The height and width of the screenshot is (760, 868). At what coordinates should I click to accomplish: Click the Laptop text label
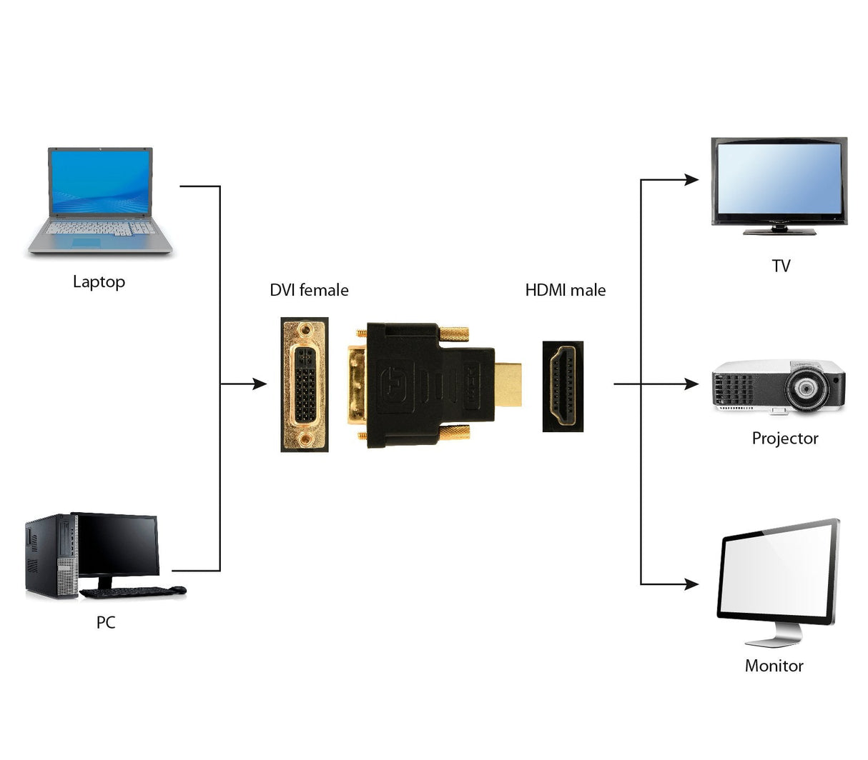(x=99, y=282)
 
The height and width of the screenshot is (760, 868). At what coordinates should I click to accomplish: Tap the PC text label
(x=106, y=622)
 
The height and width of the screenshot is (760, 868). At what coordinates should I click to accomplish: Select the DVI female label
(x=309, y=290)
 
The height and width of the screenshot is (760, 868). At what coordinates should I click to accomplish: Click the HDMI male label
(x=565, y=290)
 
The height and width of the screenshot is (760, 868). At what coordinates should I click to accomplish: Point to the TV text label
(x=781, y=266)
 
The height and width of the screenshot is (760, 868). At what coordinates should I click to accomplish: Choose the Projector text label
(x=784, y=439)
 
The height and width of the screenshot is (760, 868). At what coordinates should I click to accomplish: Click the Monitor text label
(x=774, y=666)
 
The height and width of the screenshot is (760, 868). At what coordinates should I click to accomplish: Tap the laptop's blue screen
(x=100, y=182)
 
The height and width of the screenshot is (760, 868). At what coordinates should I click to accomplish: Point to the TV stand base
(x=779, y=231)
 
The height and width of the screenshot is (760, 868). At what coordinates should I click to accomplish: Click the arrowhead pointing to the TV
(x=691, y=179)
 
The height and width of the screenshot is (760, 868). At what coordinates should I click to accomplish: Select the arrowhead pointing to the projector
(x=691, y=384)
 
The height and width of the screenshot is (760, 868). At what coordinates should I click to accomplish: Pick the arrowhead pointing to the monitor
(x=691, y=584)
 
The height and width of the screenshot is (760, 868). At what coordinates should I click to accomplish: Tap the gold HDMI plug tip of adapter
(x=508, y=384)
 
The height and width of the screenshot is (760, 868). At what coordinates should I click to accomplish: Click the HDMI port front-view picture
(x=562, y=386)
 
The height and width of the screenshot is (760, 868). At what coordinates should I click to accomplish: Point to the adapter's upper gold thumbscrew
(x=453, y=333)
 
